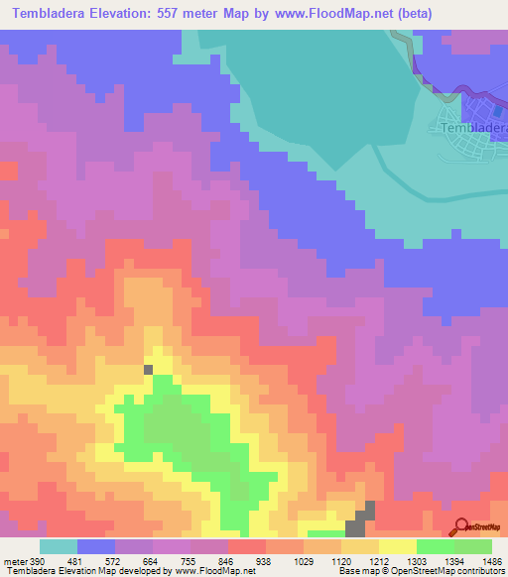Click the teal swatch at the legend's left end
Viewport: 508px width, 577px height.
pyautogui.click(x=59, y=546)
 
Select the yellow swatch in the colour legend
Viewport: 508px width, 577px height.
pyautogui.click(x=397, y=546)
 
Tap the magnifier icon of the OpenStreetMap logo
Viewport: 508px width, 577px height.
pyautogui.click(x=460, y=528)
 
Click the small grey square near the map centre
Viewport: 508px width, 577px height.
pyautogui.click(x=149, y=369)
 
